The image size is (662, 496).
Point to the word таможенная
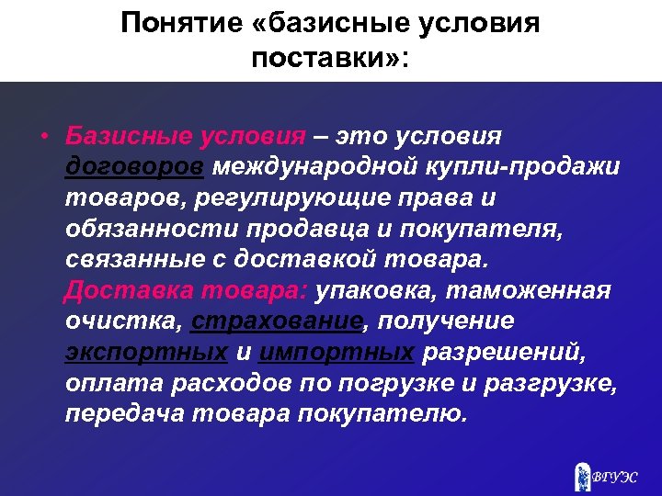542,291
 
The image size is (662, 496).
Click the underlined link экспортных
146,352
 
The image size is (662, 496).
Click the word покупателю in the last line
382,413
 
